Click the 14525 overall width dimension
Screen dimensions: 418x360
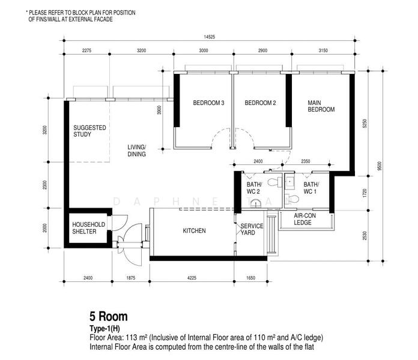coord(209,37)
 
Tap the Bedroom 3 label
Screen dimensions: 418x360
coord(208,103)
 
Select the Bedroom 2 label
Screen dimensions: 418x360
coord(260,103)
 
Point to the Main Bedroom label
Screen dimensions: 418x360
coord(321,106)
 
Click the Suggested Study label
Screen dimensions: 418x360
coord(89,131)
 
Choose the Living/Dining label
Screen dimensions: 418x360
coord(136,151)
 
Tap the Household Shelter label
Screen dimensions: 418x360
coord(88,228)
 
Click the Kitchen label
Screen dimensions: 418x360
coord(194,230)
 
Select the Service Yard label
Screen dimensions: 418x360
coord(252,229)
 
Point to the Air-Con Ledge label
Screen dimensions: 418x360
coord(304,219)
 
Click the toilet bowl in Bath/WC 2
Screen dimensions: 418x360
coord(274,182)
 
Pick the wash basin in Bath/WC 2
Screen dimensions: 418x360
coord(256,203)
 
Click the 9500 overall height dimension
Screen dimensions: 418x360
coord(380,166)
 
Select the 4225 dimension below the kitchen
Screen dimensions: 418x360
coord(192,278)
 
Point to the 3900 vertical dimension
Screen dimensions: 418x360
coord(159,110)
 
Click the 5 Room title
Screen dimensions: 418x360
coord(109,316)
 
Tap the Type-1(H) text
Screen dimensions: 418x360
coord(104,329)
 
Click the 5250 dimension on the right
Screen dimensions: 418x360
coord(365,124)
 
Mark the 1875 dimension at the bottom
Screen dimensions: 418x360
coord(131,278)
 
